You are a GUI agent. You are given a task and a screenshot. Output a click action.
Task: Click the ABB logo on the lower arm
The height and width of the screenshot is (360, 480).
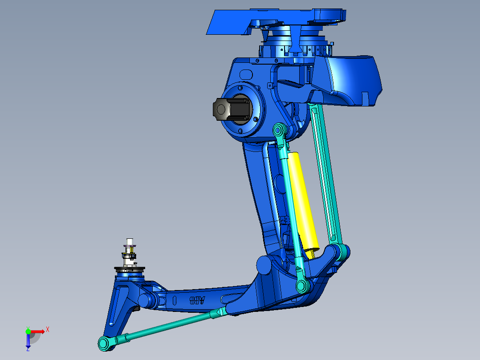coord(197,300)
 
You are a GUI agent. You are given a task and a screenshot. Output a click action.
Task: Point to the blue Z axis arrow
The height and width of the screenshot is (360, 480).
coord(28,341)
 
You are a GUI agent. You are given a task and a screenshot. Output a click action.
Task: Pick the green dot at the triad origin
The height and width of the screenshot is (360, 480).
coord(28,331)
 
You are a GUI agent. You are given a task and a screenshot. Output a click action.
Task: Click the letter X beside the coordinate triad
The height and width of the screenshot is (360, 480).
coord(48,330)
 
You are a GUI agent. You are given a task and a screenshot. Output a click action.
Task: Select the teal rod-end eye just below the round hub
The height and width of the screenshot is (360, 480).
coord(279,130)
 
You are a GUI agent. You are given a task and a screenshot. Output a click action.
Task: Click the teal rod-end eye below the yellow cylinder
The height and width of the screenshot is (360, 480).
coord(303,286)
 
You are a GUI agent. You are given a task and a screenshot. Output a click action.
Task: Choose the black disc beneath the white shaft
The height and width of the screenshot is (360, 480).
coord(130,270)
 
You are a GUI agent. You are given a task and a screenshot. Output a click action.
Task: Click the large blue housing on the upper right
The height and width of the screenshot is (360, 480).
coord(352,80)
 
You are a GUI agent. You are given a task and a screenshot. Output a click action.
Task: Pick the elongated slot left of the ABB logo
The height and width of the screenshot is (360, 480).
coord(175,300)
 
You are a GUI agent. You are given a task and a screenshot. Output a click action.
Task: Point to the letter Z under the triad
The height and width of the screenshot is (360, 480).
coord(28,349)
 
